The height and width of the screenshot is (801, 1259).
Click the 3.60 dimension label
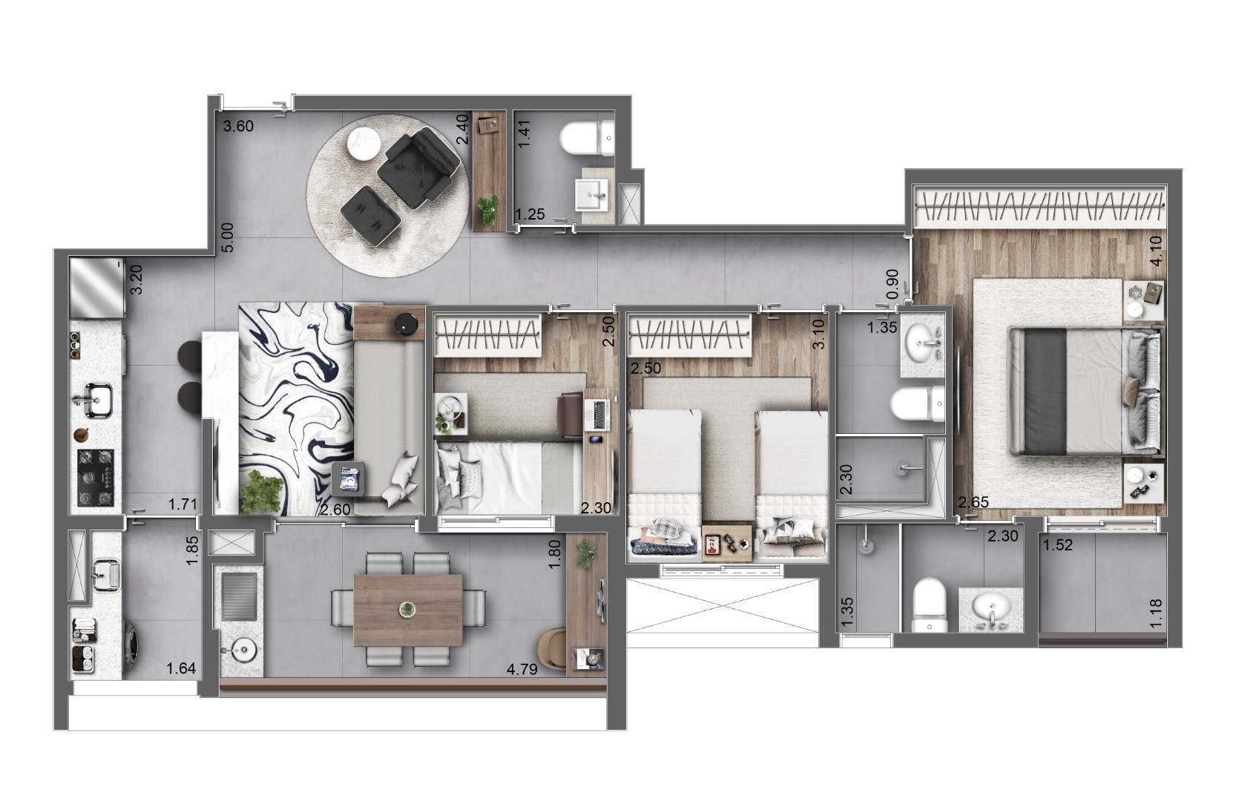tap(239, 126)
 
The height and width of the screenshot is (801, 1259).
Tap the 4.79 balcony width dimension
tap(522, 669)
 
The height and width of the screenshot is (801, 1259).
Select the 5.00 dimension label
tap(228, 237)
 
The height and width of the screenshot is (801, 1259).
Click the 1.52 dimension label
tap(1058, 545)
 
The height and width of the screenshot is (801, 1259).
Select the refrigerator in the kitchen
tap(96, 287)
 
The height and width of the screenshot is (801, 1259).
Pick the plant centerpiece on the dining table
tap(407, 610)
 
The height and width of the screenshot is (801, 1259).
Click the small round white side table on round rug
tap(365, 142)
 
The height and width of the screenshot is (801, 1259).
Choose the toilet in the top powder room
tap(587, 139)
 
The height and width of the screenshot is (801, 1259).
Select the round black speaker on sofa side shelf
tap(407, 323)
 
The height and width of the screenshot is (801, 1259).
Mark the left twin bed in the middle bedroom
tap(664, 482)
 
